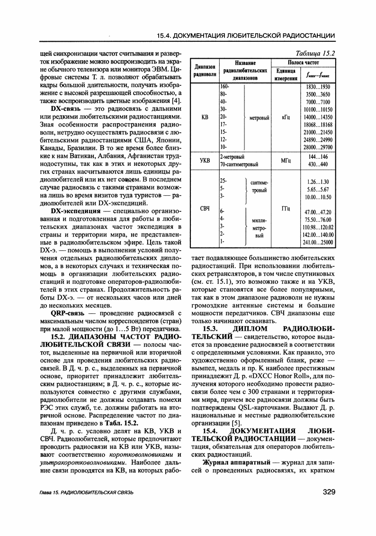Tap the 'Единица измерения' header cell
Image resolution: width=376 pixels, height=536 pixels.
tap(286, 74)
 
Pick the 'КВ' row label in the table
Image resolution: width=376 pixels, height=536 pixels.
tap(205, 118)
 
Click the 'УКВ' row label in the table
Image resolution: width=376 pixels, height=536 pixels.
tap(205, 161)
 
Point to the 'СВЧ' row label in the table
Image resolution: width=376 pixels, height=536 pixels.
tap(205, 209)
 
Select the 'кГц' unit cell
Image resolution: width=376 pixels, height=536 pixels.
tap(285, 118)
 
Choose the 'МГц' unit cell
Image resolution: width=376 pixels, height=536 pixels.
tap(285, 161)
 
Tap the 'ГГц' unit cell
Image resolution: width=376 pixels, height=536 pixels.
tap(285, 209)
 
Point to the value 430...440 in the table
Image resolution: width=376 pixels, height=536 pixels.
tap(318, 164)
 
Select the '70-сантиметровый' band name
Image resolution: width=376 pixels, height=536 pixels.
tap(239, 164)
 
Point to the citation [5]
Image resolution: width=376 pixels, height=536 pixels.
tap(236, 423)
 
